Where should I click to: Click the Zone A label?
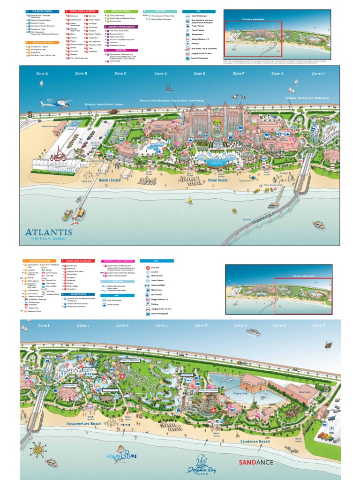(42, 74)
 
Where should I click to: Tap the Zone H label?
(318, 74)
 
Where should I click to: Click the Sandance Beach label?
(255, 441)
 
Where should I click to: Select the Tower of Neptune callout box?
(130, 360)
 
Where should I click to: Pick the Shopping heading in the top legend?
(155, 11)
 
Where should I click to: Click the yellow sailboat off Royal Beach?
(190, 200)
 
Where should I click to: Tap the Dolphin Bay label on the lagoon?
(240, 394)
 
